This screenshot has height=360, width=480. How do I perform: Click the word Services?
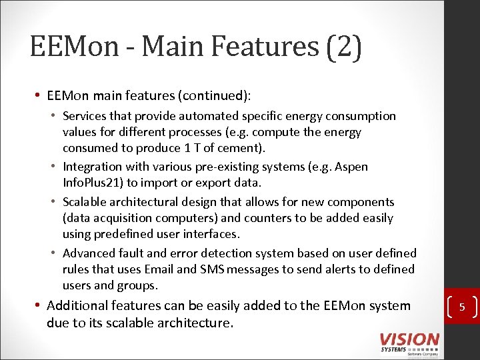tap(87, 116)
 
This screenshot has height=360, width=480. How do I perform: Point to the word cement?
tap(241, 148)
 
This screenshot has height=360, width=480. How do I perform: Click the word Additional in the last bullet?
tap(77, 306)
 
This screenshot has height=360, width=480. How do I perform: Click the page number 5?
tap(461, 307)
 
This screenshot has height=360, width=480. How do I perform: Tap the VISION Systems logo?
tap(409, 343)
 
